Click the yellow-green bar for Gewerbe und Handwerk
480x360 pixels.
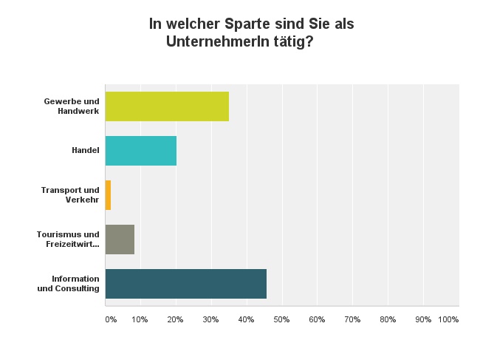pos(167,106)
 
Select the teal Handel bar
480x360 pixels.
pos(141,151)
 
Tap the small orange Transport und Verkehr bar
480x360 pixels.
pos(108,195)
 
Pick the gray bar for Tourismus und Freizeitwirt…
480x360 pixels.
pos(120,240)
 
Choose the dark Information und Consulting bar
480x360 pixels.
pos(185,284)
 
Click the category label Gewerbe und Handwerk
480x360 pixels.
pos(72,106)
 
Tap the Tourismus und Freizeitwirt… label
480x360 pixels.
pos(68,240)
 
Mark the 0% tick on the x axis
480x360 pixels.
pos(111,319)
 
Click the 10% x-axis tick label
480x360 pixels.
pos(140,319)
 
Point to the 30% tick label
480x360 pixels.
pos(210,319)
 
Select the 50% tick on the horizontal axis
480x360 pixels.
pos(281,319)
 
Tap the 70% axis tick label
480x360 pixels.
pos(352,319)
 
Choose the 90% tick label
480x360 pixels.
pos(423,319)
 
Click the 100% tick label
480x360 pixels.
pos(448,319)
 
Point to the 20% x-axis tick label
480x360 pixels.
pos(175,319)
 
